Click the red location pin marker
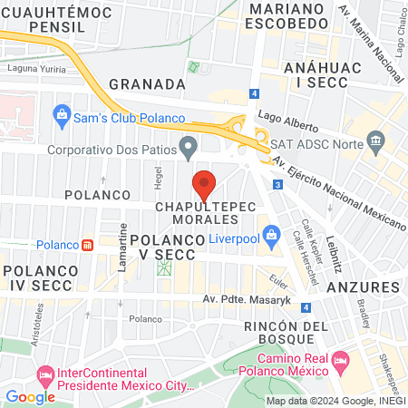point(205,184)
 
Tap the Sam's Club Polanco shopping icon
point(62,115)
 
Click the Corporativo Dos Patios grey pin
point(189,145)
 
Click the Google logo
point(30,395)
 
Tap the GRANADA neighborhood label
point(147,83)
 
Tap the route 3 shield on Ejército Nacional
point(276,185)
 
